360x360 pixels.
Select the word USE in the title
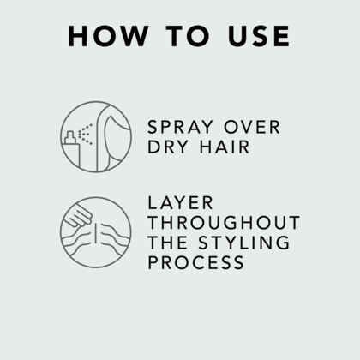pyautogui.click(x=255, y=36)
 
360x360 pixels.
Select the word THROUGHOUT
pyautogui.click(x=224, y=223)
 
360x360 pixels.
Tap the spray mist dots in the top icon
pyautogui.click(x=86, y=134)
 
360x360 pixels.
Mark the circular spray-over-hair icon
pyautogui.click(x=96, y=137)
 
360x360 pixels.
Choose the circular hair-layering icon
pyautogui.click(x=96, y=232)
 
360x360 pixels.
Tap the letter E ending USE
pyautogui.click(x=280, y=36)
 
